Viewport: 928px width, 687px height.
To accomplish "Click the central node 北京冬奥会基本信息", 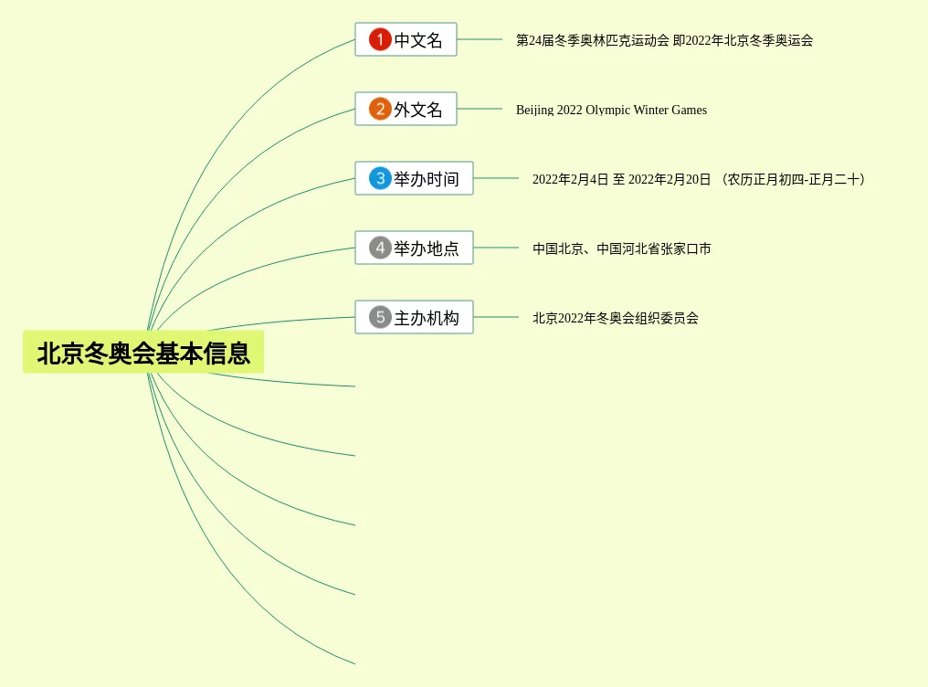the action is click(143, 353).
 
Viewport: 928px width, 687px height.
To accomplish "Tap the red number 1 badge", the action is click(380, 39).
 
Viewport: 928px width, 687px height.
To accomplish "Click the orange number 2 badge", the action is click(380, 109).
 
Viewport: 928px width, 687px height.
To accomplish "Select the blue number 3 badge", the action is click(380, 178).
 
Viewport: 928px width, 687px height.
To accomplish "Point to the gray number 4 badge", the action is click(380, 248).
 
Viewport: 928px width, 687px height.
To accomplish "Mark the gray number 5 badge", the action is click(380, 317).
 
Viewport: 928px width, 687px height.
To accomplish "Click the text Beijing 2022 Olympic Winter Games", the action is click(611, 111).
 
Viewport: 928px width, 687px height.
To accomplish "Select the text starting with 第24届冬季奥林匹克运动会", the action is click(664, 41).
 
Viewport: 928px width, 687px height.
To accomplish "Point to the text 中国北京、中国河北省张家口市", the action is click(622, 249).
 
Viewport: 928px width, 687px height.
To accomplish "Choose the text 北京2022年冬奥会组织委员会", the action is click(616, 319).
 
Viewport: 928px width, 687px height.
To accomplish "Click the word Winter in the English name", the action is click(651, 111).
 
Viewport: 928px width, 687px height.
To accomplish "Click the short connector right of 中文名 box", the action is click(480, 39).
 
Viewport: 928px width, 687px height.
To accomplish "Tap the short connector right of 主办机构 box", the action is click(496, 317).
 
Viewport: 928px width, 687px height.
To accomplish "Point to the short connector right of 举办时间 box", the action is click(496, 178).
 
